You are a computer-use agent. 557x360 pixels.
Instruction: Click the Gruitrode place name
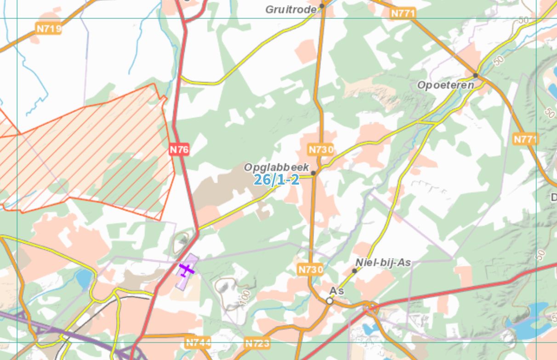pos(291,9)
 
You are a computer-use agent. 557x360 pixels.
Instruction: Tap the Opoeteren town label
pos(445,85)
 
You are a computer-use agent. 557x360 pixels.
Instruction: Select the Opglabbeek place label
pos(277,167)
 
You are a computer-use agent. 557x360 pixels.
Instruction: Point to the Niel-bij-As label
pos(383,262)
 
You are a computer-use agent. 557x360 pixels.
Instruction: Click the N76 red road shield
pos(179,149)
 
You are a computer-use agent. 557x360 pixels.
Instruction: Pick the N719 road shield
pos(49,29)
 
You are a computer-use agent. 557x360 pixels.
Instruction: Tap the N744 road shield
pos(198,342)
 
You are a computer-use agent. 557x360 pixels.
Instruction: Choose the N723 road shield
pos(257,343)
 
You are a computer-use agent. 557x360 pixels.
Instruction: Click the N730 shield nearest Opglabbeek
pos(321,150)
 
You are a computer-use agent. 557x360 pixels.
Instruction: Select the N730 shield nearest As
pos(310,270)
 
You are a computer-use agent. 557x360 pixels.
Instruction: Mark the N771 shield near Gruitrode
pos(403,13)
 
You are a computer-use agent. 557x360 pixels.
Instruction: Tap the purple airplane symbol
pos(186,270)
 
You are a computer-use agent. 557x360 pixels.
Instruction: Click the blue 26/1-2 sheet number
pos(277,180)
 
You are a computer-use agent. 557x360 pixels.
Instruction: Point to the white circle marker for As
pos(330,301)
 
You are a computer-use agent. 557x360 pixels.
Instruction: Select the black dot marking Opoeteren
pos(476,75)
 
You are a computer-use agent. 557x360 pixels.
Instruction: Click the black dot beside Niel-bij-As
pos(354,270)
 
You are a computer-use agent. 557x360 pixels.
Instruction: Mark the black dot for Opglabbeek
pos(313,173)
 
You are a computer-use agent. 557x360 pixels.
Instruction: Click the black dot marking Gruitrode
pos(322,6)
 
